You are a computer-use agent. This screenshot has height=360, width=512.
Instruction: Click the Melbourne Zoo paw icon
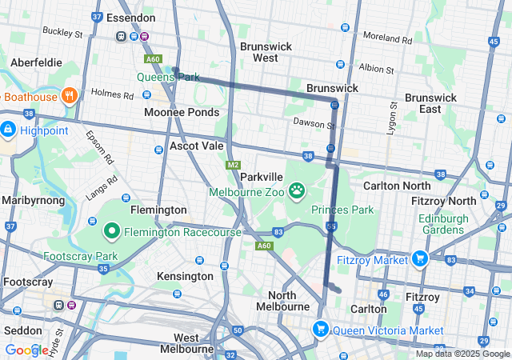[298, 190]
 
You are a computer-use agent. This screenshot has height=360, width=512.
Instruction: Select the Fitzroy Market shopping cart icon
[418, 258]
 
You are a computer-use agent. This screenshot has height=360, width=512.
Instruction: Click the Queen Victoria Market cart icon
[321, 329]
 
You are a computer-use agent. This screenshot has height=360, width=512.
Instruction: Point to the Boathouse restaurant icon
[69, 96]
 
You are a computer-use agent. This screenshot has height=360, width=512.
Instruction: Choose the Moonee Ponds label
[181, 112]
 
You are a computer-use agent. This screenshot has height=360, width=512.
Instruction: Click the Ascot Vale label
[197, 146]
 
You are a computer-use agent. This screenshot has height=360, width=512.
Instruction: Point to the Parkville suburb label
[262, 176]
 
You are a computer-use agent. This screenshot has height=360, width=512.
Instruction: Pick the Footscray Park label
[80, 256]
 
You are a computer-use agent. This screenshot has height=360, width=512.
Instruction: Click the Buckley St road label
[62, 34]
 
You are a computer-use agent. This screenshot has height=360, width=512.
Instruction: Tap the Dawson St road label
[314, 124]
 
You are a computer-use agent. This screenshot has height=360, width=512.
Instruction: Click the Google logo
[26, 350]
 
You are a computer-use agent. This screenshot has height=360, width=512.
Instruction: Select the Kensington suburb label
[185, 276]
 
